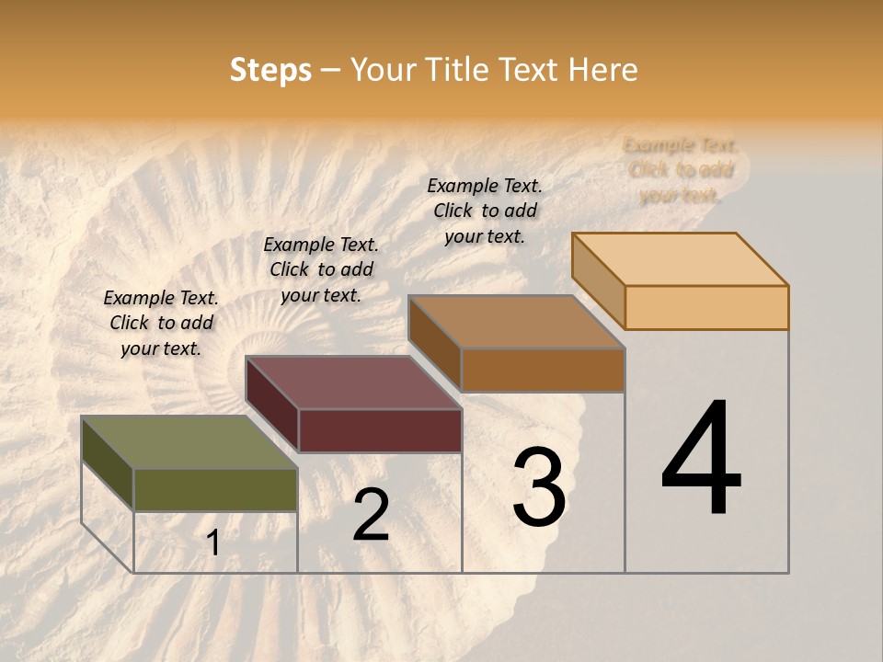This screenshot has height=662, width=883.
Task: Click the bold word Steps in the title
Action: pyautogui.click(x=270, y=70)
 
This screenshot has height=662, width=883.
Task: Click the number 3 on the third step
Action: pyautogui.click(x=539, y=488)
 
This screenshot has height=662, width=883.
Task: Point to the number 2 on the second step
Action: pyautogui.click(x=371, y=516)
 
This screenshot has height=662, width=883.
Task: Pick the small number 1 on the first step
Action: pyautogui.click(x=213, y=543)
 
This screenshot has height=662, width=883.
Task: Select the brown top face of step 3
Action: pyautogui.click(x=516, y=322)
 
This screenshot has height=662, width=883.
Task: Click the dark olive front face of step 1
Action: pyautogui.click(x=215, y=490)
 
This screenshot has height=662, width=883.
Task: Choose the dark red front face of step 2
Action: pyautogui.click(x=380, y=430)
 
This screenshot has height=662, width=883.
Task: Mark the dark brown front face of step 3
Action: pyautogui.click(x=543, y=371)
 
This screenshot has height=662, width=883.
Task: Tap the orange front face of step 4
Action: pyautogui.click(x=706, y=307)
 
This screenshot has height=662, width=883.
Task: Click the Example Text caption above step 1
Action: pyautogui.click(x=161, y=323)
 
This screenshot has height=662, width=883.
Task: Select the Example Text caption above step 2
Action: pyautogui.click(x=321, y=269)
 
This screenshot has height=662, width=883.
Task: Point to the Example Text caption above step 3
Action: pyautogui.click(x=485, y=211)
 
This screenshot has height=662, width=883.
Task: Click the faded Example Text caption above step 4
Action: pyautogui.click(x=681, y=170)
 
